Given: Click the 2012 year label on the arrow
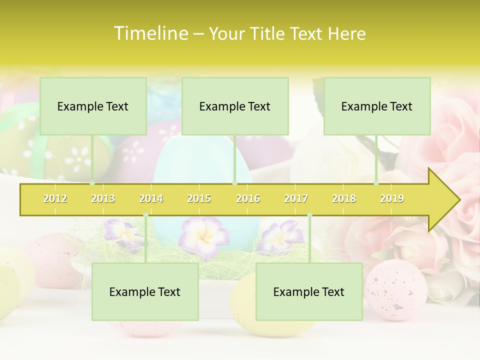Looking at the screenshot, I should pyautogui.click(x=55, y=198).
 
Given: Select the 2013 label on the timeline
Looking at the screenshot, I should pyautogui.click(x=103, y=198).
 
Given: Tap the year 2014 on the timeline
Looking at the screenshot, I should pyautogui.click(x=151, y=198).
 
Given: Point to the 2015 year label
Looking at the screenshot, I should pyautogui.click(x=199, y=198).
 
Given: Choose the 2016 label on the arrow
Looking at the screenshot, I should pyautogui.click(x=248, y=198).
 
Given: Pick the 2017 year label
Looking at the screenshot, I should pyautogui.click(x=296, y=198).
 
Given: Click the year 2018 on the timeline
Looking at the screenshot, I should pyautogui.click(x=344, y=198).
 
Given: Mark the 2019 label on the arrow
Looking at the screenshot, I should pyautogui.click(x=392, y=198).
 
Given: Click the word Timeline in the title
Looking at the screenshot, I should pyautogui.click(x=150, y=33).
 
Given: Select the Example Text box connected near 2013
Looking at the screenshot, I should pyautogui.click(x=93, y=106).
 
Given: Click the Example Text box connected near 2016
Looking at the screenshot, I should pyautogui.click(x=235, y=106).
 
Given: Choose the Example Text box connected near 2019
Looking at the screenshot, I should pyautogui.click(x=377, y=106).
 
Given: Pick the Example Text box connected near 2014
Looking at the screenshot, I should pyautogui.click(x=145, y=291).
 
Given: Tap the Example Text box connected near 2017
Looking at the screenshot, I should pyautogui.click(x=309, y=291).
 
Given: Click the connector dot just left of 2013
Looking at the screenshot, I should pyautogui.click(x=92, y=183).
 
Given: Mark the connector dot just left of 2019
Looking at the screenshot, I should pyautogui.click(x=376, y=183).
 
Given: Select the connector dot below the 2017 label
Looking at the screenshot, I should pyautogui.click(x=309, y=215).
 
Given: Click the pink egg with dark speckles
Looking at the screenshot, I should pyautogui.click(x=396, y=290).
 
